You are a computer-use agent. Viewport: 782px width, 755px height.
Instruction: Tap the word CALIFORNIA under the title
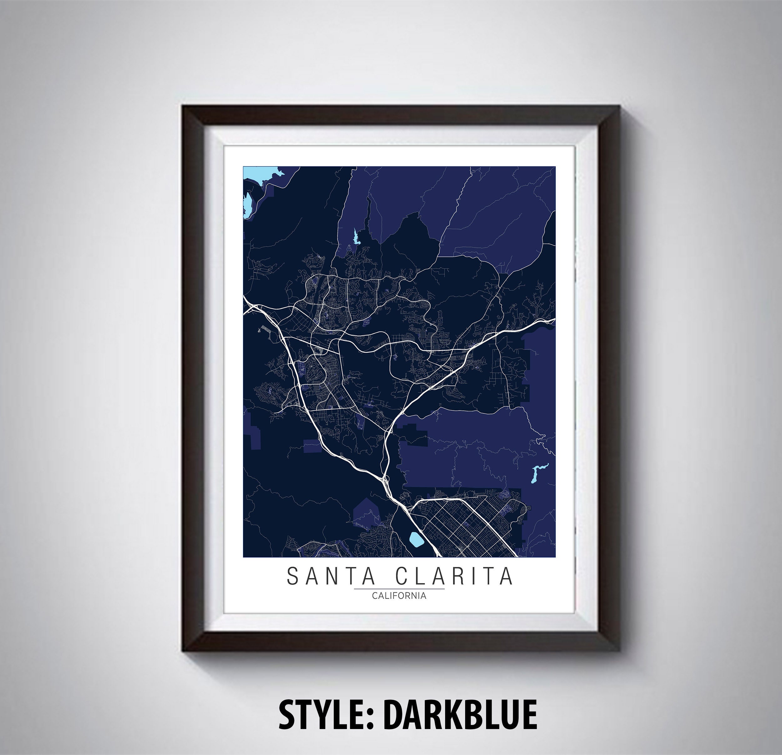(x=399, y=596)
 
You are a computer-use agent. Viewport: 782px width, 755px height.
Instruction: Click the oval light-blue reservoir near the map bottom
(x=416, y=540)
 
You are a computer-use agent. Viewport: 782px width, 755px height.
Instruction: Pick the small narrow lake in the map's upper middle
(x=355, y=237)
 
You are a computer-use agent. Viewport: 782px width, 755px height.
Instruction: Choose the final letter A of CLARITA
(x=507, y=576)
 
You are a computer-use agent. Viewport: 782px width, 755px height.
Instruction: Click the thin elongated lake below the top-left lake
(x=247, y=204)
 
